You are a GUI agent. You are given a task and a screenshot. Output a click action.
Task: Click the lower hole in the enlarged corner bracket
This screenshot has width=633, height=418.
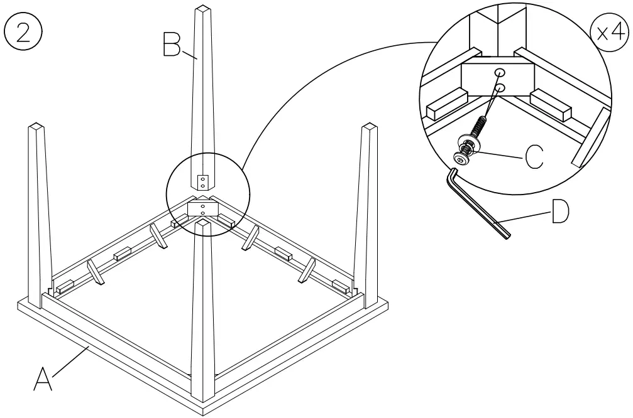pos(500,87)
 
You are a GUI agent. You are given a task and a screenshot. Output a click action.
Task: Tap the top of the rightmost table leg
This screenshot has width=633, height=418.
pos(370,128)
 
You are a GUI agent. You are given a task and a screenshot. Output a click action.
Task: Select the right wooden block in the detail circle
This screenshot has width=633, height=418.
pos(551,104)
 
